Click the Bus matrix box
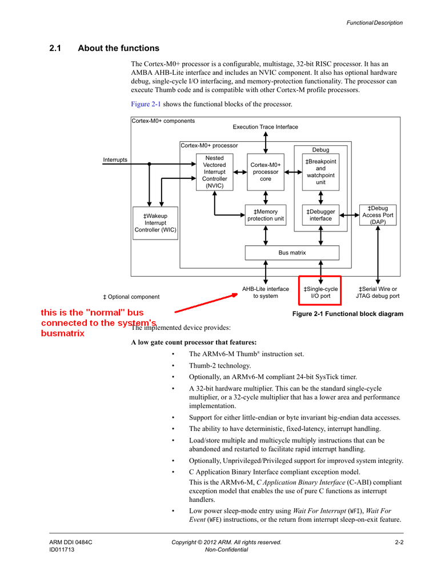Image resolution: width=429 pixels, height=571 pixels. click(x=292, y=253)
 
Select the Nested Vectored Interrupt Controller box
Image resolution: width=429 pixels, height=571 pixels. click(x=215, y=172)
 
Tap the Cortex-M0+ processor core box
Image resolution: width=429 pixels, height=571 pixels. click(x=266, y=172)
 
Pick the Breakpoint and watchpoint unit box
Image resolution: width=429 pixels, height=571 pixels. click(x=320, y=172)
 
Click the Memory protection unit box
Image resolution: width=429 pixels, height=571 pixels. click(x=266, y=215)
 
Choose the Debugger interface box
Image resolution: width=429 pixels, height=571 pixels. click(x=320, y=215)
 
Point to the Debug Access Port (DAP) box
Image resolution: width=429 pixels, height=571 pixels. click(x=378, y=215)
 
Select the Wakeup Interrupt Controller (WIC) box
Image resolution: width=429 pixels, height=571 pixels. click(x=155, y=223)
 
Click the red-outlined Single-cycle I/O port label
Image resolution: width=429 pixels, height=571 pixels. click(x=320, y=290)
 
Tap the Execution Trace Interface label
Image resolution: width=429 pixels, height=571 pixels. click(x=265, y=127)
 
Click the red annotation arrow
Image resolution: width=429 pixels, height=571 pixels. click(x=206, y=303)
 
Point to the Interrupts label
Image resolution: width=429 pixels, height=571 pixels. click(x=115, y=159)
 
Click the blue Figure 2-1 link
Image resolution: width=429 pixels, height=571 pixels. click(x=146, y=104)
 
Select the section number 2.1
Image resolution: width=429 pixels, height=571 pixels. click(x=55, y=48)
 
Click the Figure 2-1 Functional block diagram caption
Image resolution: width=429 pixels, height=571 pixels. click(x=348, y=314)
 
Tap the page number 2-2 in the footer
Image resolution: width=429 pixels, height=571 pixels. click(x=399, y=542)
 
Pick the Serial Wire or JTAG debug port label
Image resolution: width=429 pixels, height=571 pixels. click(x=378, y=293)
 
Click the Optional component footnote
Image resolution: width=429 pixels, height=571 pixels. click(x=131, y=297)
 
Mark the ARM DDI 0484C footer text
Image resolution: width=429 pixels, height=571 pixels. click(x=71, y=542)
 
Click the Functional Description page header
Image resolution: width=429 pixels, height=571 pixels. click(x=374, y=23)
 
